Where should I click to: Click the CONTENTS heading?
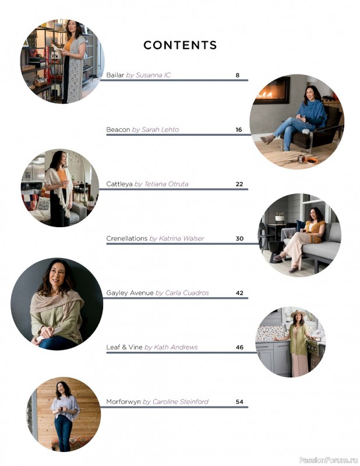pyautogui.click(x=180, y=45)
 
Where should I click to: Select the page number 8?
pyautogui.click(x=238, y=75)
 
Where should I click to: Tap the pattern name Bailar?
pyautogui.click(x=115, y=75)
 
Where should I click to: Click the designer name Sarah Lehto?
pyautogui.click(x=160, y=129)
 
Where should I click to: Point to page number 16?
pyautogui.click(x=239, y=129)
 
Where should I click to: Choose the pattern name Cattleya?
pyautogui.click(x=119, y=184)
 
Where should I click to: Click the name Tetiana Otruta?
pyautogui.click(x=166, y=184)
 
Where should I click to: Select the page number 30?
pyautogui.click(x=239, y=238)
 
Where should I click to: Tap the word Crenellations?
pyautogui.click(x=127, y=238)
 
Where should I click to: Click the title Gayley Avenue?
pyautogui.click(x=130, y=293)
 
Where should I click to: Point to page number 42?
pyautogui.click(x=239, y=293)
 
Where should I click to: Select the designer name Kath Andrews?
pyautogui.click(x=176, y=347)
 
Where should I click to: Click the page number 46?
pyautogui.click(x=239, y=347)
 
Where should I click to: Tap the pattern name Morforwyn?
pyautogui.click(x=123, y=402)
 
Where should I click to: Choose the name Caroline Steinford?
pyautogui.click(x=181, y=402)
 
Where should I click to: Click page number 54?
pyautogui.click(x=239, y=402)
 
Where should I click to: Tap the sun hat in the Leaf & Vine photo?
pyautogui.click(x=298, y=313)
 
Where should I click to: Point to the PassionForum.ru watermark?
pyautogui.click(x=329, y=460)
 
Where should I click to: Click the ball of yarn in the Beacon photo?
pyautogui.click(x=305, y=131)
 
